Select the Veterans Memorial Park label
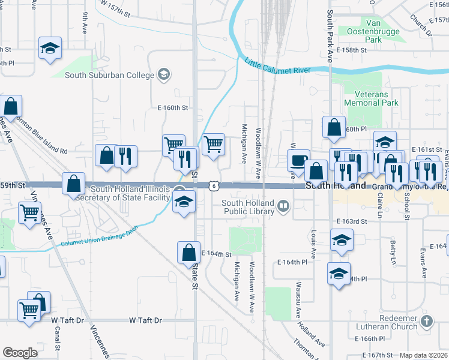coord(372,98)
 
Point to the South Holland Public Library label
coord(247,207)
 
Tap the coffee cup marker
coord(298,161)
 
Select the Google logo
coord(20,353)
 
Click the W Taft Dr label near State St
coord(146,320)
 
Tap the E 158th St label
coord(351,50)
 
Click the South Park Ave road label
coord(330,36)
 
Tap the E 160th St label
coord(173,108)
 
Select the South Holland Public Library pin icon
coord(283,207)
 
